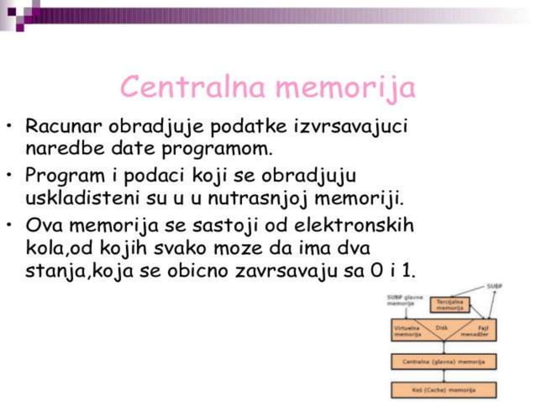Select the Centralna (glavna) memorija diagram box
point(444,361)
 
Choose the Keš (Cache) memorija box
point(444,389)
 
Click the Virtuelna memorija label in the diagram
point(408,331)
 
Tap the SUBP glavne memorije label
point(405,300)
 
